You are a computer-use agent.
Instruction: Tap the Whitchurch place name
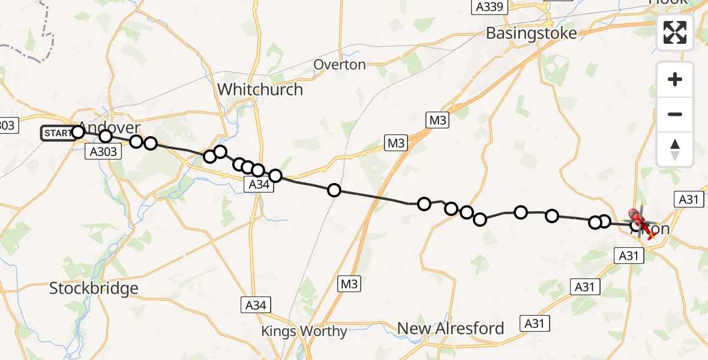click(260, 89)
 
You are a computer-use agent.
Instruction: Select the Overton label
click(340, 65)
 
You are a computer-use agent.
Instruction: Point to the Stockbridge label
click(94, 288)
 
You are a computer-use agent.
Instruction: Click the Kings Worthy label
click(304, 331)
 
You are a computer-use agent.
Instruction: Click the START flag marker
click(58, 133)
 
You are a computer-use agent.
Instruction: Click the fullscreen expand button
click(675, 32)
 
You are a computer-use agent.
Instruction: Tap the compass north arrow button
click(675, 149)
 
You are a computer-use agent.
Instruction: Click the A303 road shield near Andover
click(103, 152)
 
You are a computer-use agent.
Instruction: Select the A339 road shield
click(490, 7)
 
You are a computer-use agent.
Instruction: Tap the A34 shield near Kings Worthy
click(256, 305)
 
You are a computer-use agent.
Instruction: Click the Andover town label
click(110, 128)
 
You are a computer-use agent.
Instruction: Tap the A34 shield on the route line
click(259, 185)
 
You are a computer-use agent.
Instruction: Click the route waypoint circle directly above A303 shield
click(106, 136)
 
